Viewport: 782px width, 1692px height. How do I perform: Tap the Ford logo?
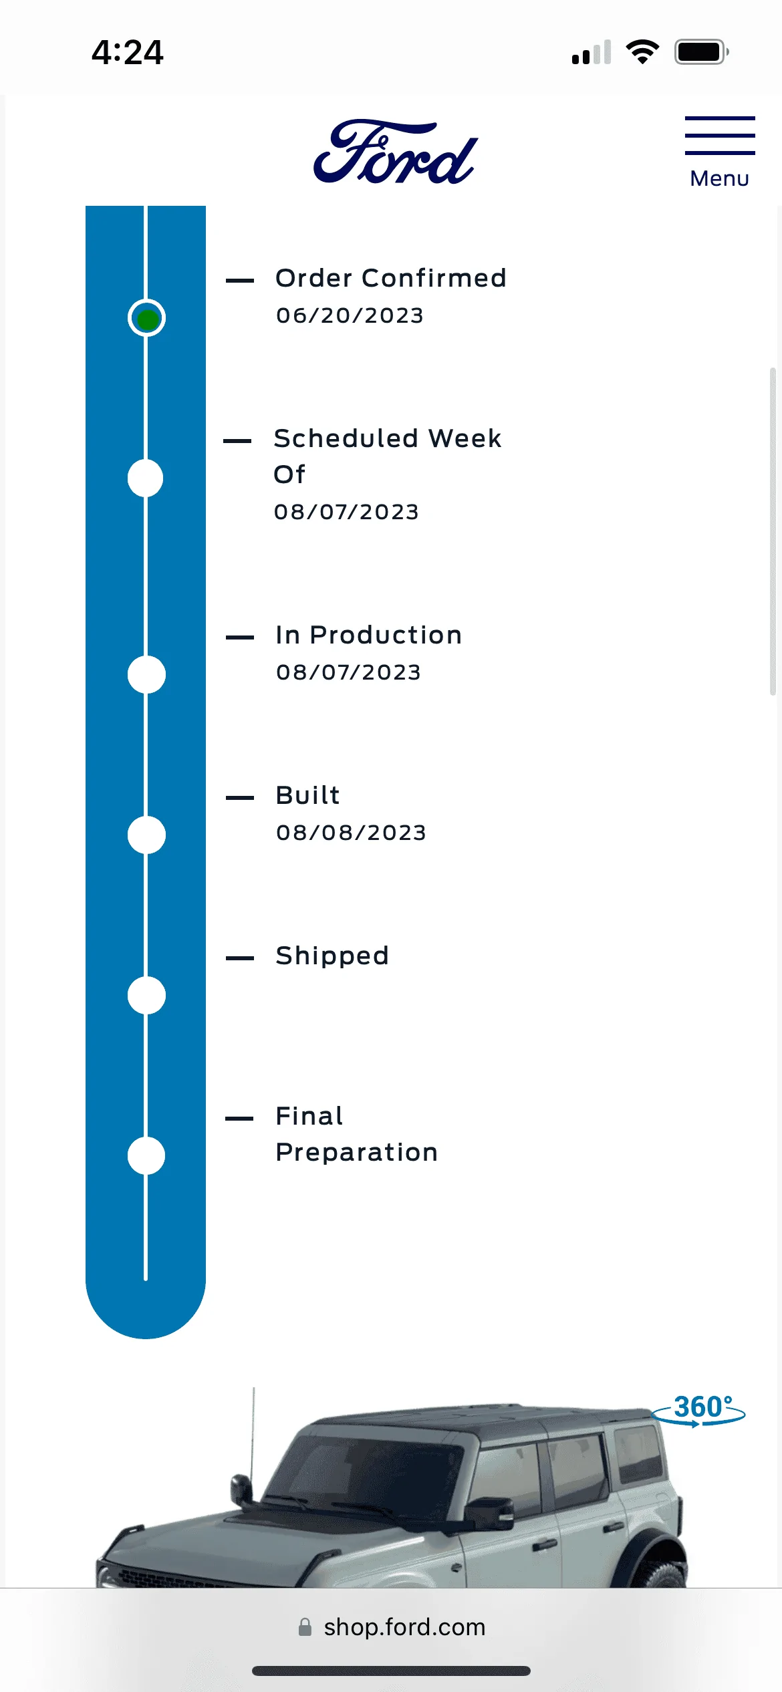pyautogui.click(x=396, y=152)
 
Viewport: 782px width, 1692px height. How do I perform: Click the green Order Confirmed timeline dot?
pyautogui.click(x=146, y=318)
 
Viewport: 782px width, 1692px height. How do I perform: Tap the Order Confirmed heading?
pyautogui.click(x=391, y=278)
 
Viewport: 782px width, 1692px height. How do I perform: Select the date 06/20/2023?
pyautogui.click(x=350, y=315)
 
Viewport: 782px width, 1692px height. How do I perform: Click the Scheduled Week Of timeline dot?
pyautogui.click(x=146, y=478)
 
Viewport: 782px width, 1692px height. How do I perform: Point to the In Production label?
pyautogui.click(x=369, y=635)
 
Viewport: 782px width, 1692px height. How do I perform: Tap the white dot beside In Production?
pyautogui.click(x=146, y=674)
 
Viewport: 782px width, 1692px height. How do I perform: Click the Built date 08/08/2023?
pyautogui.click(x=351, y=833)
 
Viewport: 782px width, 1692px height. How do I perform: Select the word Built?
pyautogui.click(x=307, y=795)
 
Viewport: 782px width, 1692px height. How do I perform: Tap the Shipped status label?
pyautogui.click(x=332, y=956)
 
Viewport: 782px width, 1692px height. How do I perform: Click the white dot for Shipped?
pyautogui.click(x=146, y=995)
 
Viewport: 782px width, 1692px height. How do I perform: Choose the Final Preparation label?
pyautogui.click(x=357, y=1134)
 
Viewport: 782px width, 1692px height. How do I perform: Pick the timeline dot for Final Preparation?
pyautogui.click(x=146, y=1155)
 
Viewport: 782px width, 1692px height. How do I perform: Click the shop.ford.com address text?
pyautogui.click(x=405, y=1627)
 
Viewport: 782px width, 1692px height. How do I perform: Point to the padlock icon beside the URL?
pyautogui.click(x=305, y=1627)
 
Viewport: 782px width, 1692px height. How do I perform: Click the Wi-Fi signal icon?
pyautogui.click(x=642, y=52)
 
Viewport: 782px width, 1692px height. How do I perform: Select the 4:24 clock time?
pyautogui.click(x=127, y=52)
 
